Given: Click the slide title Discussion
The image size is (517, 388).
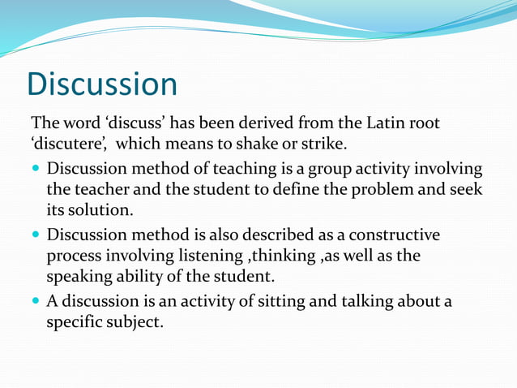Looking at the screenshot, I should click(102, 84).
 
